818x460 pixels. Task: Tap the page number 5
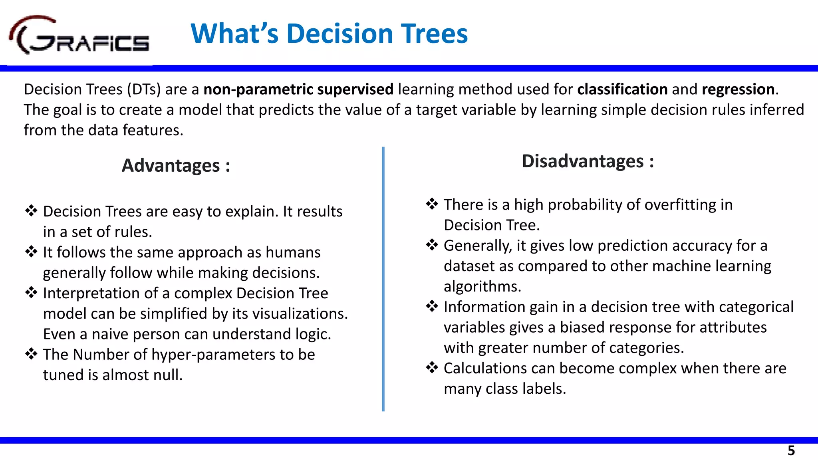click(x=791, y=451)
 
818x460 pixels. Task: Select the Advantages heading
click(x=176, y=165)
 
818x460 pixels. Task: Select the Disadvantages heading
click(x=588, y=161)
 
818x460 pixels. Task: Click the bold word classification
click(x=622, y=89)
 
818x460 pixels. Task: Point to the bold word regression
click(x=738, y=89)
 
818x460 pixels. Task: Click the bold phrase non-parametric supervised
click(x=298, y=89)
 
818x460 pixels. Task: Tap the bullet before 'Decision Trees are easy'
click(x=31, y=210)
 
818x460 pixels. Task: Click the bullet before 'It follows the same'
click(x=31, y=252)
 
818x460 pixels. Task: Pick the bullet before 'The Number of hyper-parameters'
click(x=31, y=354)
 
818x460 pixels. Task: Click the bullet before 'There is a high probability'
click(x=432, y=204)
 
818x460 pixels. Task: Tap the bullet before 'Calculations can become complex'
click(x=432, y=367)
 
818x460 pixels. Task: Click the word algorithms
click(x=482, y=287)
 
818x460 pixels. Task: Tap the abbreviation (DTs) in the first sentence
click(x=144, y=89)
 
